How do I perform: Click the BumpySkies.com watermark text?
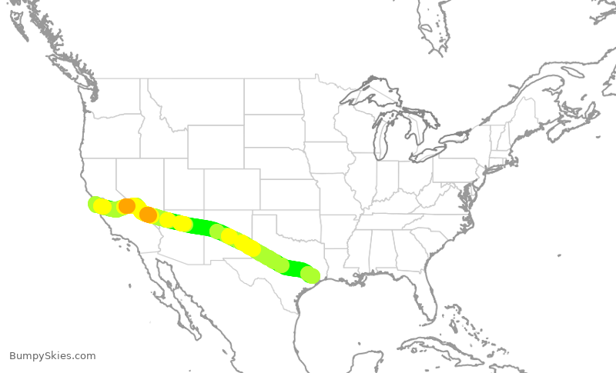pyautogui.click(x=52, y=356)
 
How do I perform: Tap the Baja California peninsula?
pyautogui.click(x=174, y=292)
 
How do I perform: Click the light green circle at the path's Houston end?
pyautogui.click(x=310, y=275)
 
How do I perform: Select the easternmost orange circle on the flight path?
pyautogui.click(x=148, y=215)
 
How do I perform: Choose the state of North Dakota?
pyautogui.click(x=273, y=97)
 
